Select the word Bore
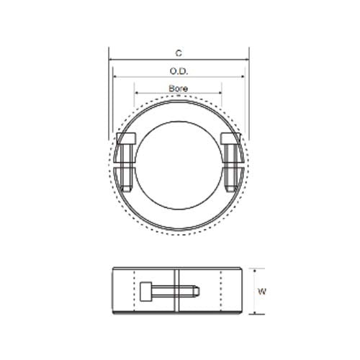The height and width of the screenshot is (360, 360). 178,87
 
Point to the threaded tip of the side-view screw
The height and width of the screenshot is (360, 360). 195,292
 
